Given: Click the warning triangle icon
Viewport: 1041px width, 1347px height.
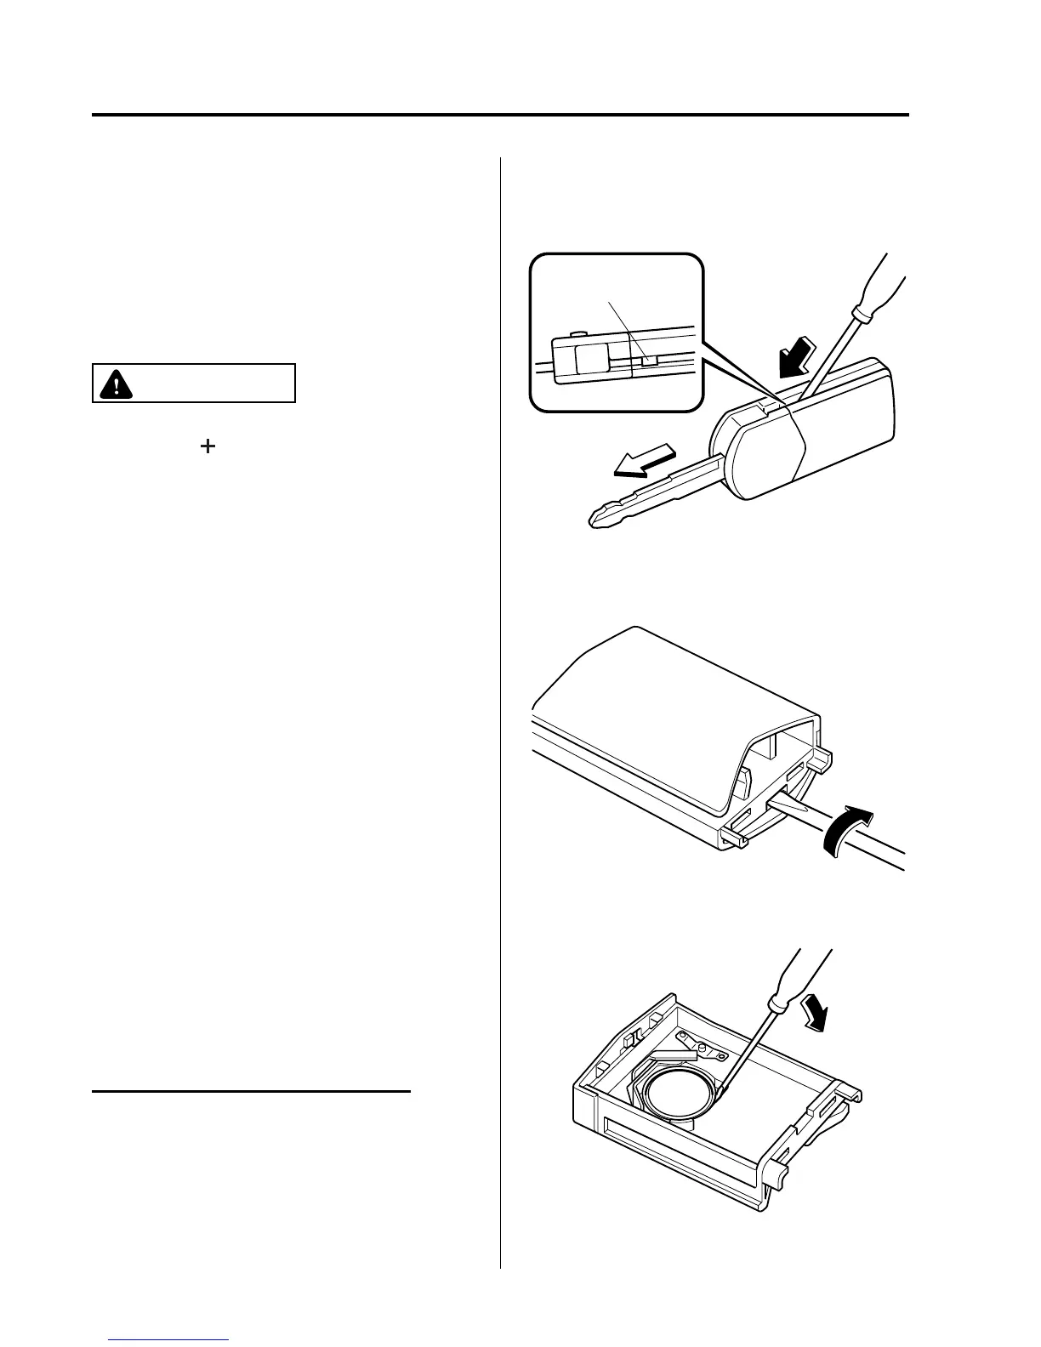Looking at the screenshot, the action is pos(111,384).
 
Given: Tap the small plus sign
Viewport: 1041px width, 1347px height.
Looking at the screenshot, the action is pos(207,446).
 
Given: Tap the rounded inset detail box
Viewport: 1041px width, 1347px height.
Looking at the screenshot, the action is pos(617,332).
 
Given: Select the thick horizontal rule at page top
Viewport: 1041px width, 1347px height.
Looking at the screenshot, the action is pos(500,115).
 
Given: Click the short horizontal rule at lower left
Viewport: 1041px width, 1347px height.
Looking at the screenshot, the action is pos(251,1090).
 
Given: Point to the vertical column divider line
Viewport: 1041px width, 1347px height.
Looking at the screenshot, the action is pos(501,680).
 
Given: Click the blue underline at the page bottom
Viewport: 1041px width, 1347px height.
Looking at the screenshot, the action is pos(169,1341).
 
